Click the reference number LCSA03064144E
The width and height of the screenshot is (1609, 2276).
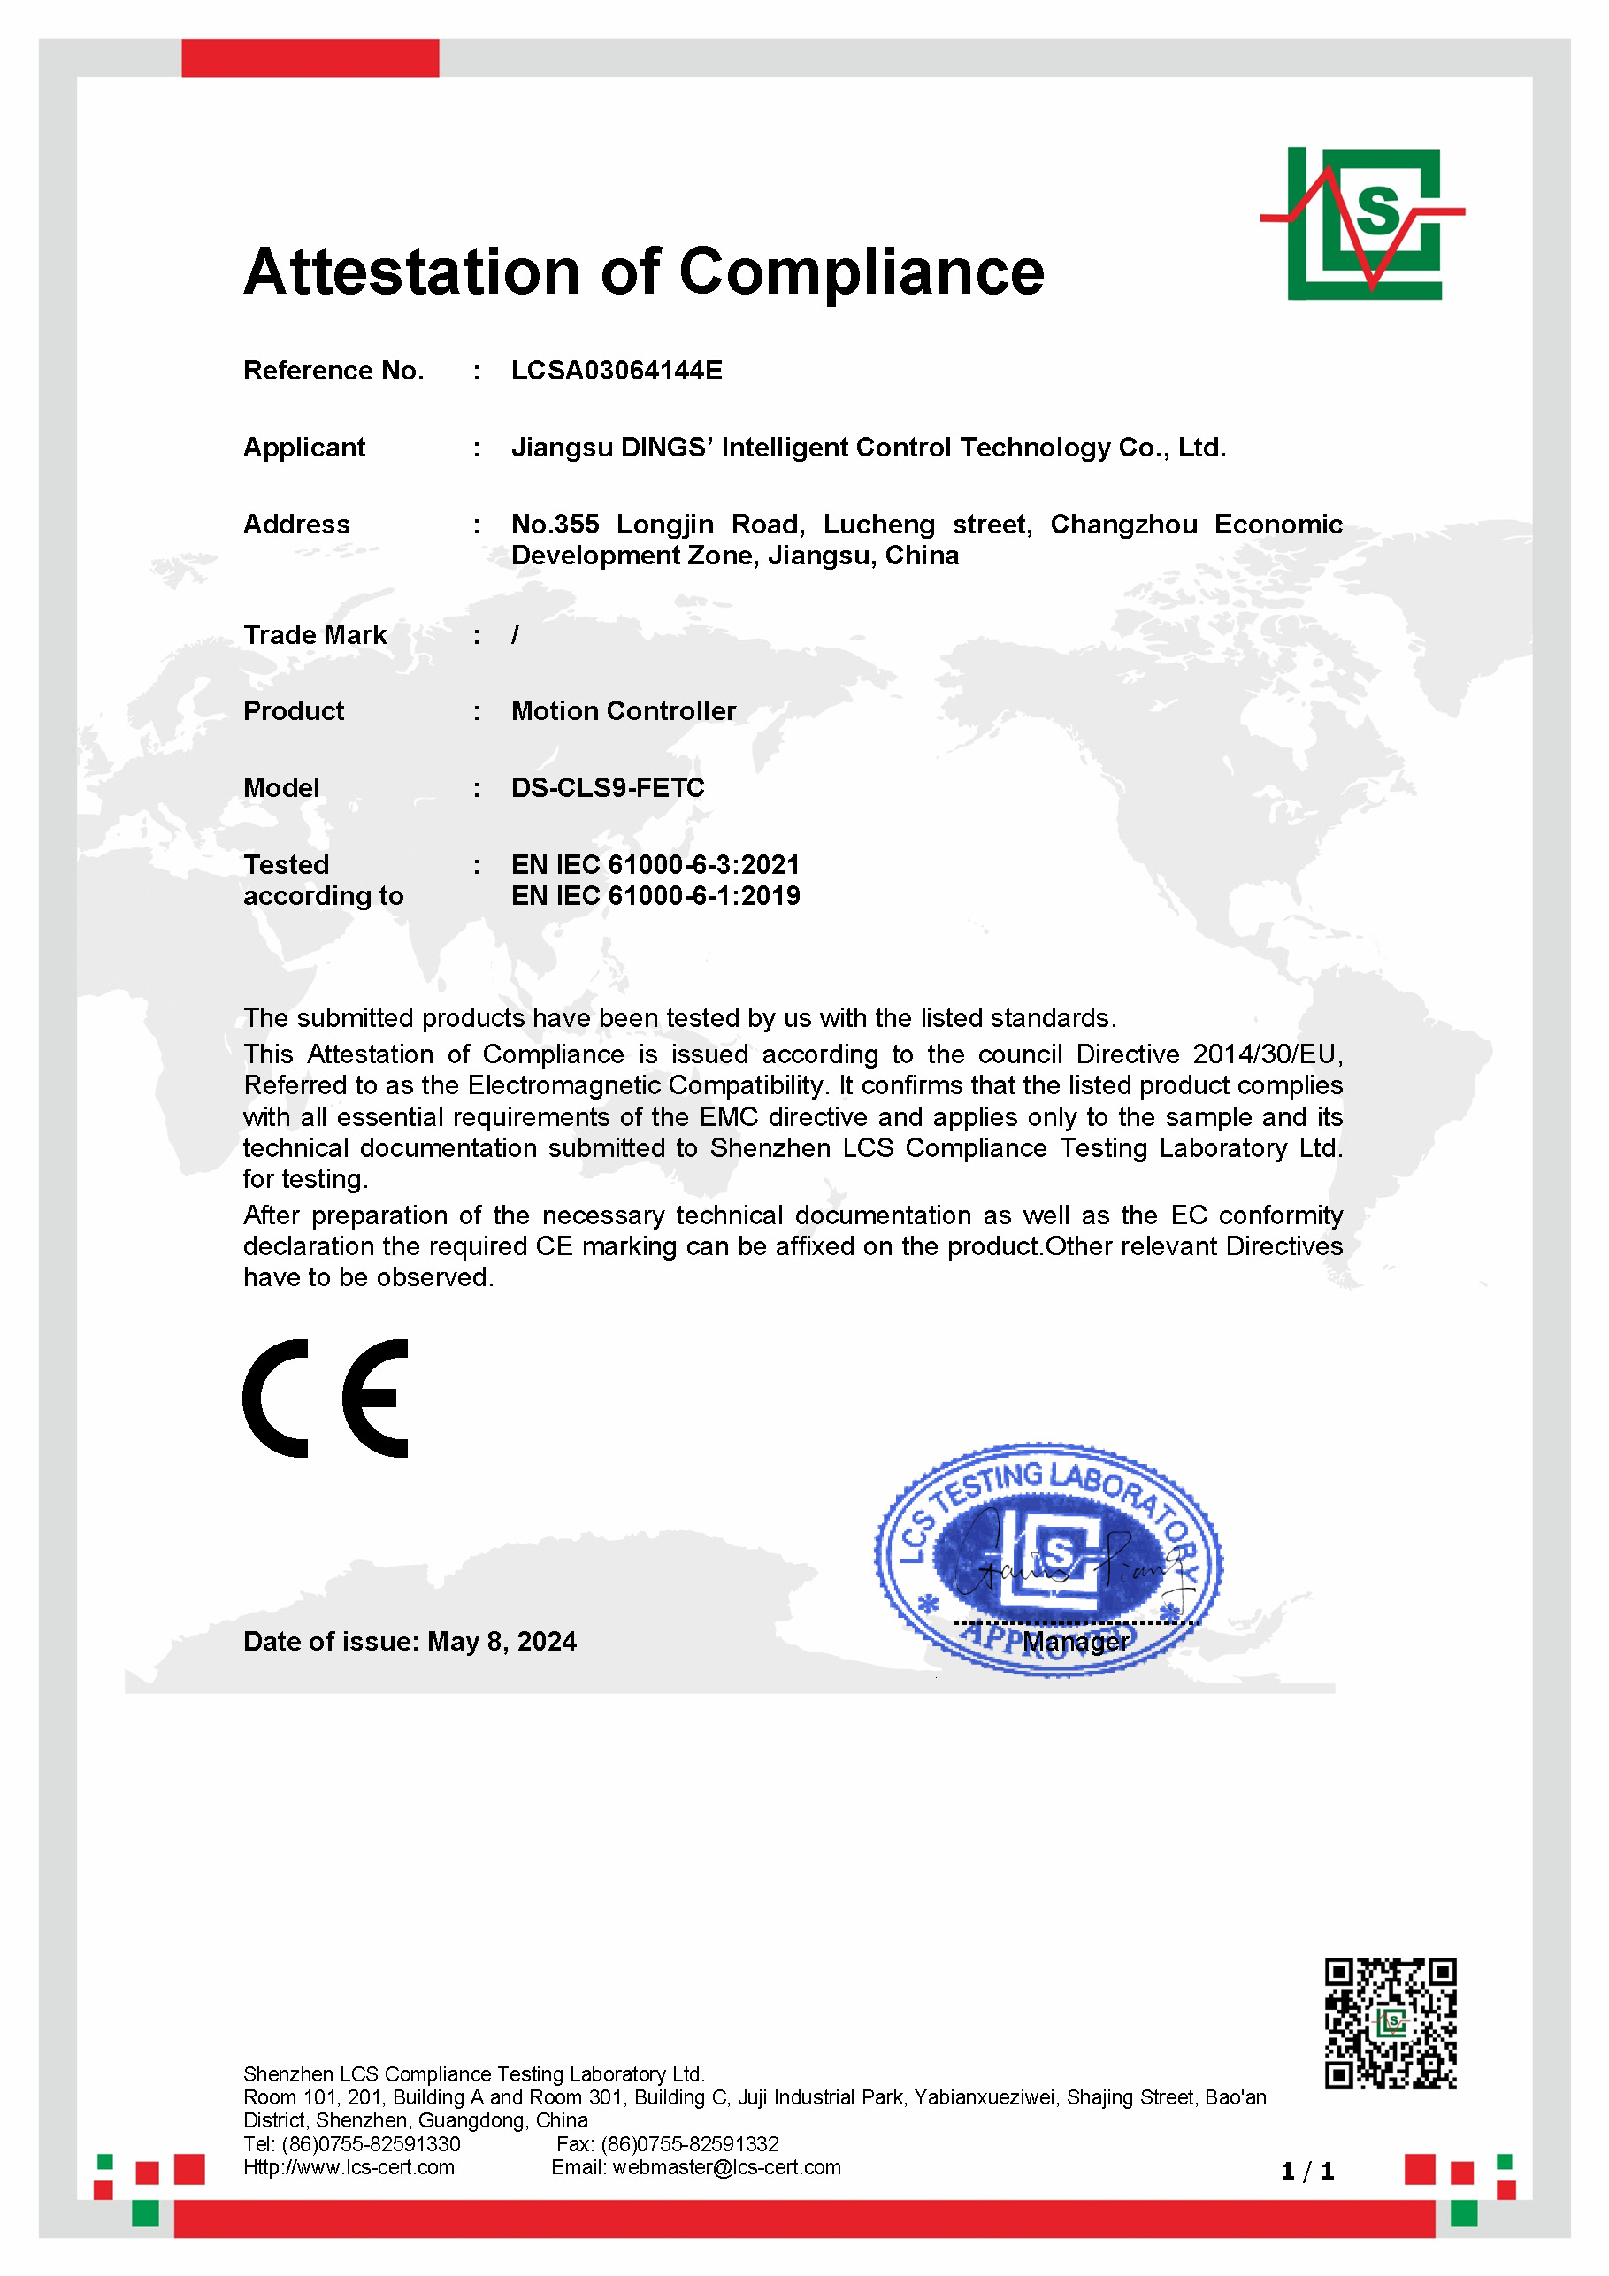pos(617,370)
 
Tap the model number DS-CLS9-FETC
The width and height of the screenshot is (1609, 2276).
pos(608,787)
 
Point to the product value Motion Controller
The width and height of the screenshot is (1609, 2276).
pos(624,711)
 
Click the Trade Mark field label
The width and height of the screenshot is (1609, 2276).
pos(314,634)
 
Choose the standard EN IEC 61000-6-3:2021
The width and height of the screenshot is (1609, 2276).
pos(655,864)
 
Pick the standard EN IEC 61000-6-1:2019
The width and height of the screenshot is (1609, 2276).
pos(655,896)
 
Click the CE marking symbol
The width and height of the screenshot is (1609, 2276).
pos(326,1398)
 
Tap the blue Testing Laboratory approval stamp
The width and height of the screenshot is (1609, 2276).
pos(1048,1559)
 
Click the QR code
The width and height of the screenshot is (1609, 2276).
pos(1390,2024)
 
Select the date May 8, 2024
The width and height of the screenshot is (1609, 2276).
pos(502,1642)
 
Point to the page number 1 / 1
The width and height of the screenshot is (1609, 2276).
pos(1306,2172)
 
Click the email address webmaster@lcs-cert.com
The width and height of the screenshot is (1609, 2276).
pos(727,2167)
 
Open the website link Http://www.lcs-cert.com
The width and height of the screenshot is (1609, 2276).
pos(349,2167)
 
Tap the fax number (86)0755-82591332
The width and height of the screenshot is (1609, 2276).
pos(690,2144)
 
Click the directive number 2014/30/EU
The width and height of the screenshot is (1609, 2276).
pos(1267,1054)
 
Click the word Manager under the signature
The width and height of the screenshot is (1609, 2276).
pos(1076,1643)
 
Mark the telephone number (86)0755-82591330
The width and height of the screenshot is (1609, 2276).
pos(371,2144)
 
